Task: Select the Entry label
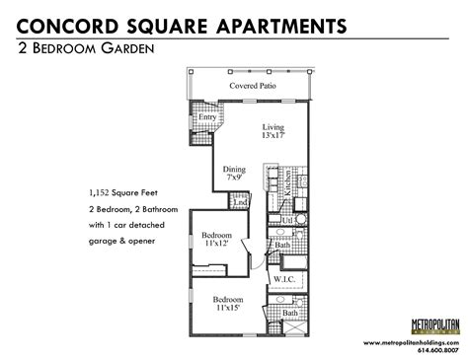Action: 207,117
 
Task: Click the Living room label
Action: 273,127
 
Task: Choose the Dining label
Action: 233,168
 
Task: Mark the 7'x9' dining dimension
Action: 234,178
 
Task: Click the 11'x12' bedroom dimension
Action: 218,245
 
